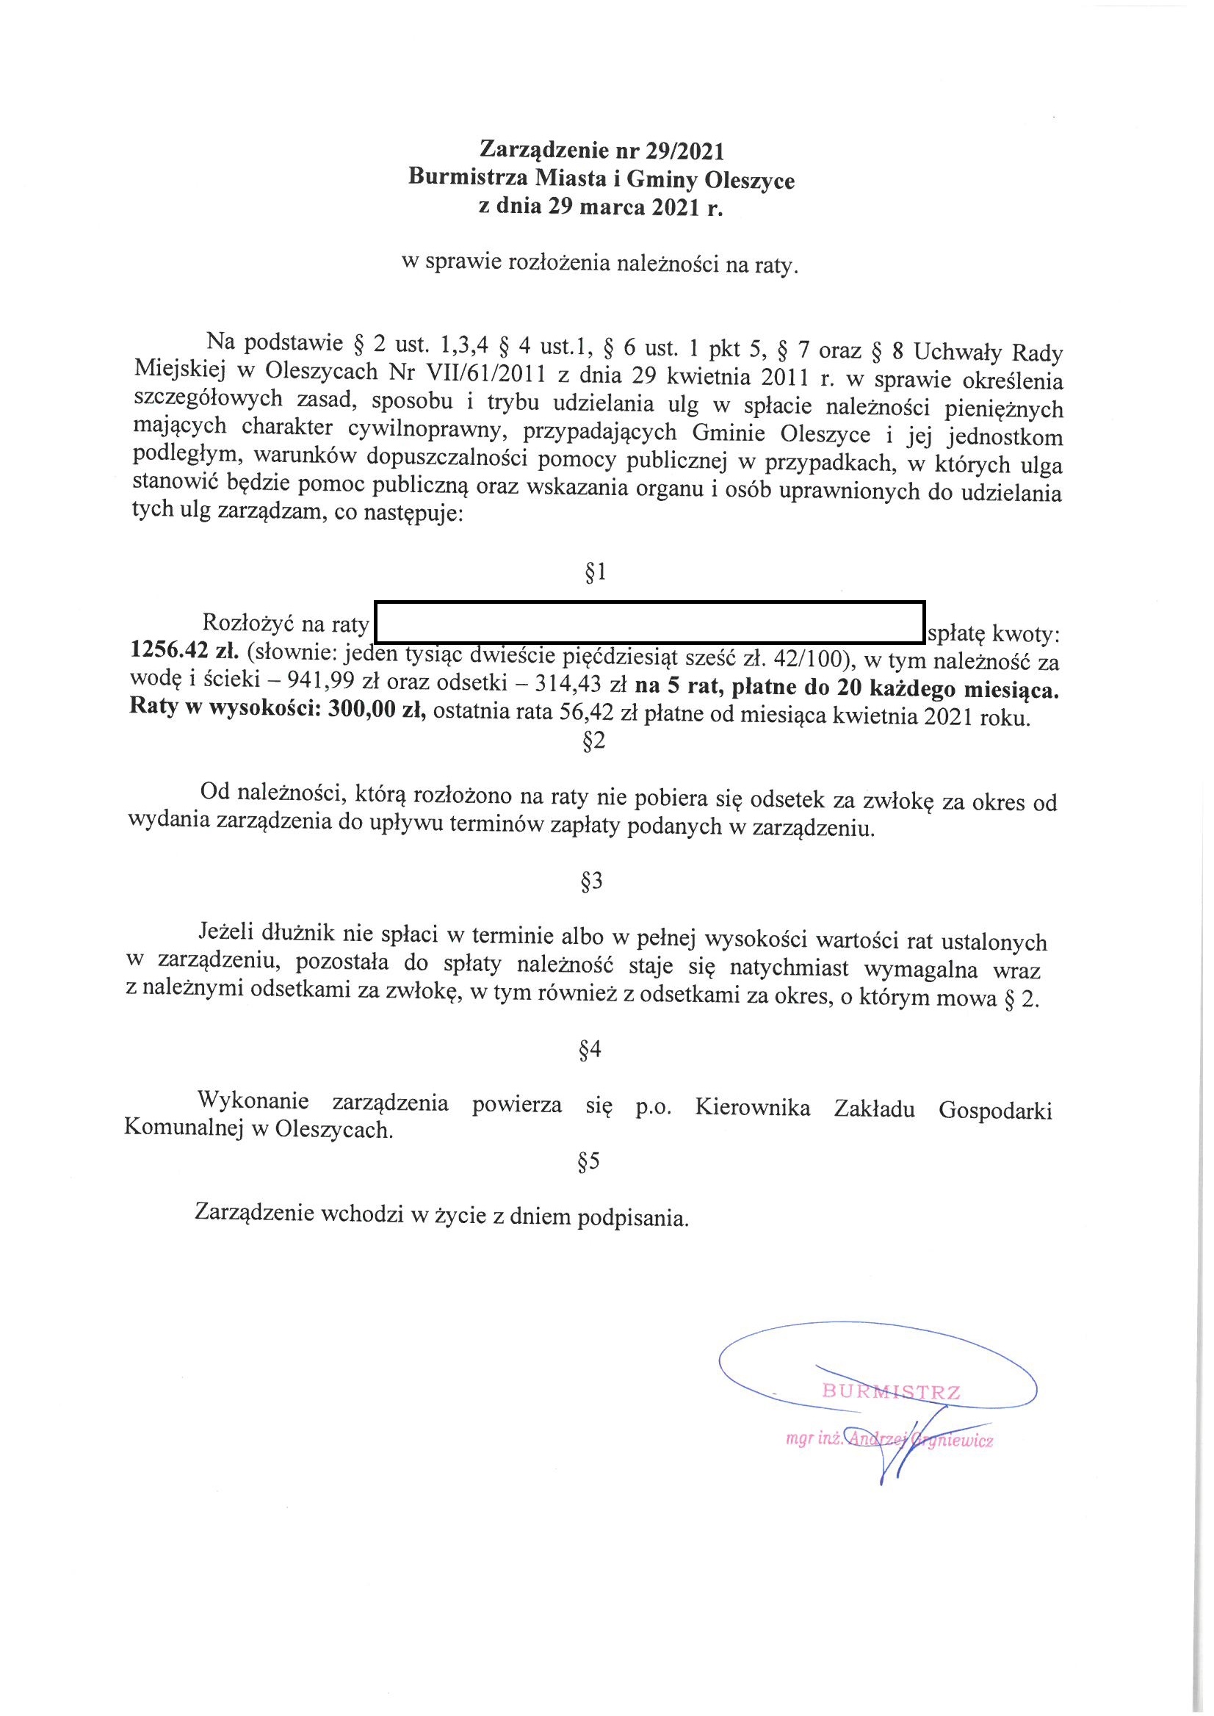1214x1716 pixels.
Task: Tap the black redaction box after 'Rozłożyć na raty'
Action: (x=649, y=622)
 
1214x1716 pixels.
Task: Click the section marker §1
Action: (x=594, y=574)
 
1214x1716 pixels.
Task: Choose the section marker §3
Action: (x=591, y=882)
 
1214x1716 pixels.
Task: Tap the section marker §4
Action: (x=590, y=1050)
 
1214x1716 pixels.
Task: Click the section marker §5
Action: (x=589, y=1161)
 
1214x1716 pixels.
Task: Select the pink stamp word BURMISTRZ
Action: (x=891, y=1391)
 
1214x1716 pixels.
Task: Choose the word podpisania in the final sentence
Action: (x=630, y=1219)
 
